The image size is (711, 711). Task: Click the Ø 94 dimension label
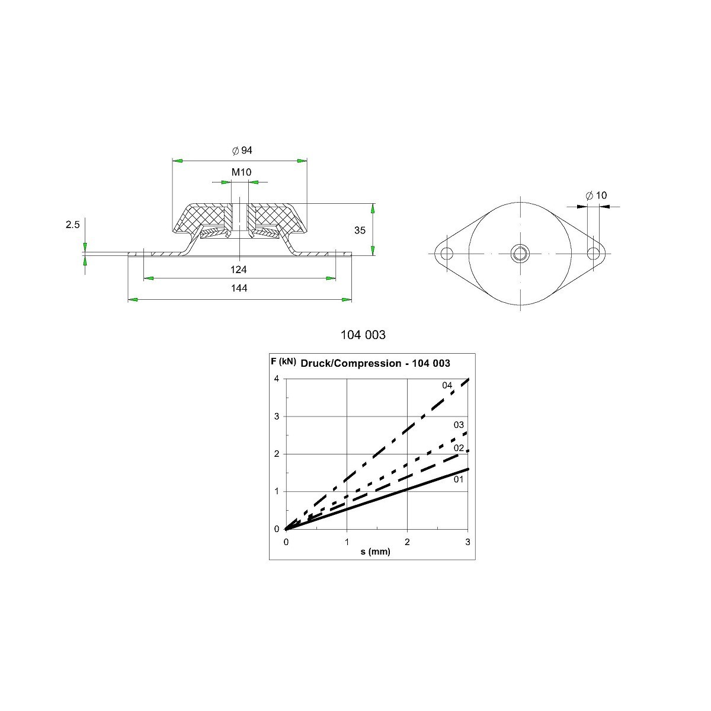(242, 150)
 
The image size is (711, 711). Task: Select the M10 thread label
(241, 172)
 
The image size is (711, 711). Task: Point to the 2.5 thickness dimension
(73, 225)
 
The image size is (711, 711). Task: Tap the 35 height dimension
(360, 230)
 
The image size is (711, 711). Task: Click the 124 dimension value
(238, 270)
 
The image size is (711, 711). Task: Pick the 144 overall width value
(239, 288)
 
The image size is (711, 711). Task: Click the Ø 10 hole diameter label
(596, 195)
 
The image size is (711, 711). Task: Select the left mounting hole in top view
(447, 254)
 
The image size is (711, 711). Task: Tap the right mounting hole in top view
(593, 254)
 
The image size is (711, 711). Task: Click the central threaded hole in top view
(520, 254)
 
